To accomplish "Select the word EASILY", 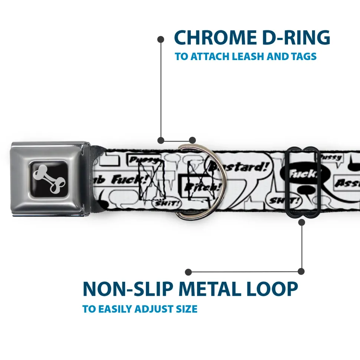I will click(114, 309).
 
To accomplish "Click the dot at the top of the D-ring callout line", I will click(161, 39).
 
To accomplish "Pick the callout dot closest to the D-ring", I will click(192, 140).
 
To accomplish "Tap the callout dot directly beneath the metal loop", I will click(301, 222).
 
